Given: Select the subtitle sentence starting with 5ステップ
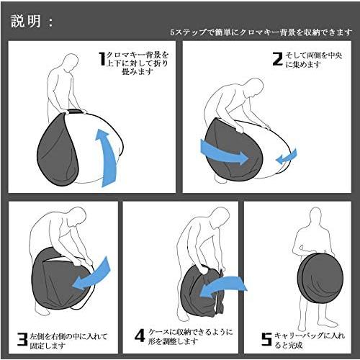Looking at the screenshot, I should (x=261, y=33).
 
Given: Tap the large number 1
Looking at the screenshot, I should (x=101, y=59).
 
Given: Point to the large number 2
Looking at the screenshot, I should (x=276, y=60).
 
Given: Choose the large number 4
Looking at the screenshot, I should (x=140, y=336).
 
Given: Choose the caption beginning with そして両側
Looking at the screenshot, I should (x=314, y=60).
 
